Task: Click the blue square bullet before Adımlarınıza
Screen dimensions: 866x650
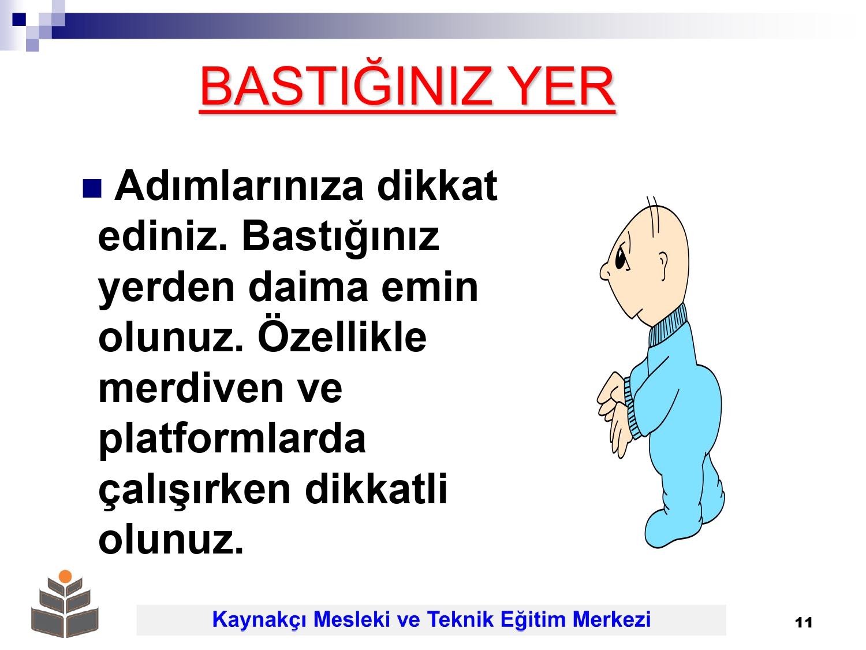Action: [92, 189]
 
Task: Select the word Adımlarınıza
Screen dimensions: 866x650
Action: [238, 186]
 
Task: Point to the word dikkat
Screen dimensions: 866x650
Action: [437, 185]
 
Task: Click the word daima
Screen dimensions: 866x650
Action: [308, 287]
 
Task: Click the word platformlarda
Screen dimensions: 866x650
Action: [232, 441]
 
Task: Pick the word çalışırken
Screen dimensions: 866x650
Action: [195, 491]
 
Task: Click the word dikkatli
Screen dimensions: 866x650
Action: [376, 489]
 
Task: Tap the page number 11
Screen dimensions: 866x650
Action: [804, 623]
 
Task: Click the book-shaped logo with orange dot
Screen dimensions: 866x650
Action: [65, 603]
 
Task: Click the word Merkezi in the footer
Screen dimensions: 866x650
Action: [611, 619]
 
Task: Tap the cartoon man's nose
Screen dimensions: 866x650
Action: [605, 272]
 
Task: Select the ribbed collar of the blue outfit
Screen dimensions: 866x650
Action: [668, 326]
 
